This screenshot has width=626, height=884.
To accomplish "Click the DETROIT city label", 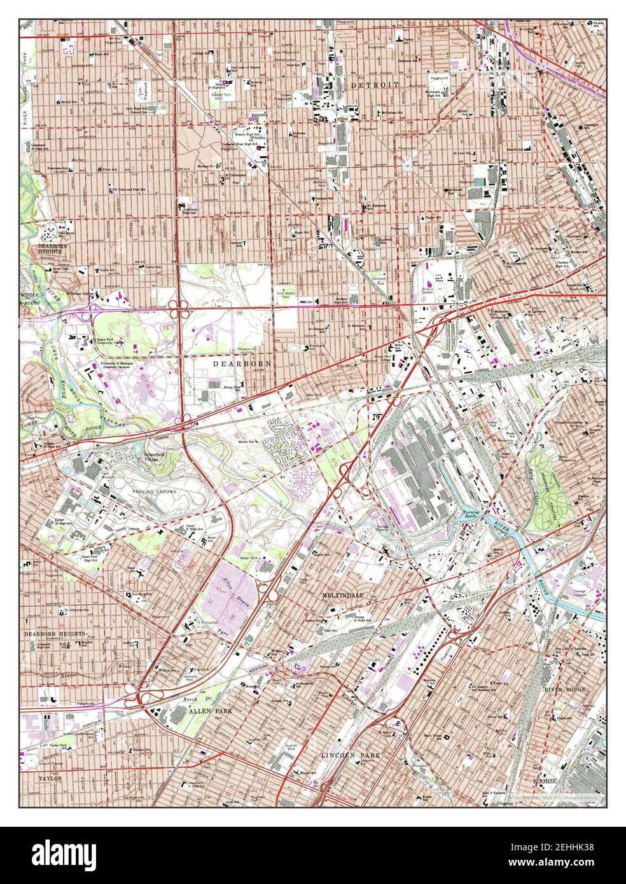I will click(x=374, y=85).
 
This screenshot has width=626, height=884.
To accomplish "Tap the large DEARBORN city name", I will click(x=242, y=363).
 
